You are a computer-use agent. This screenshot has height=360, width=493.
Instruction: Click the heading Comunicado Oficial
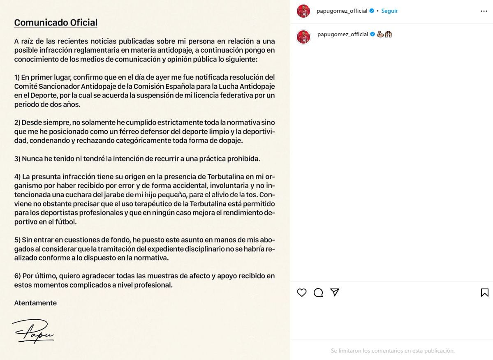click(56, 23)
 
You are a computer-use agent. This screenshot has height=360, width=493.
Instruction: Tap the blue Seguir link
click(389, 11)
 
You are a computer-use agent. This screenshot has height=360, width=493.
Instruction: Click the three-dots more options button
click(484, 11)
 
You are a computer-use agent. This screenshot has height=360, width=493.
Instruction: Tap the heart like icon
click(302, 293)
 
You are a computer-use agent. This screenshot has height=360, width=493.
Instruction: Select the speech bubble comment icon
click(318, 293)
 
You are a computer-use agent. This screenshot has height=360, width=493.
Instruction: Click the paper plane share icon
click(335, 292)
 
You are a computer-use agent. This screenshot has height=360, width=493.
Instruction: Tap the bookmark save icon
click(484, 293)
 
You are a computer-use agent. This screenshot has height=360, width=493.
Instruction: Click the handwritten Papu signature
click(33, 331)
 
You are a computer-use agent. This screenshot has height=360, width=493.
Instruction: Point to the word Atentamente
click(35, 303)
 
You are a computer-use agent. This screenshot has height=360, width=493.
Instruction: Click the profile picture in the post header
click(303, 11)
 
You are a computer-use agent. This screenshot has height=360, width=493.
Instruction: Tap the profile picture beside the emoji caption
click(303, 37)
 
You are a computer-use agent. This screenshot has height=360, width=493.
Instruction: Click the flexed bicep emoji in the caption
click(380, 34)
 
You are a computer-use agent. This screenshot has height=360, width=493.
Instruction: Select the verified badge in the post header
click(372, 11)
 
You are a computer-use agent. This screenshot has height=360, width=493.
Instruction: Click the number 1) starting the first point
click(17, 77)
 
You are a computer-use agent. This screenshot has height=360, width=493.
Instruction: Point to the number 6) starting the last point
click(17, 276)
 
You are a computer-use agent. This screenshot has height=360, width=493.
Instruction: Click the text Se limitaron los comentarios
click(392, 351)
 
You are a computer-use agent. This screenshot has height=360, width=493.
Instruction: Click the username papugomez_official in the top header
click(342, 11)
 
